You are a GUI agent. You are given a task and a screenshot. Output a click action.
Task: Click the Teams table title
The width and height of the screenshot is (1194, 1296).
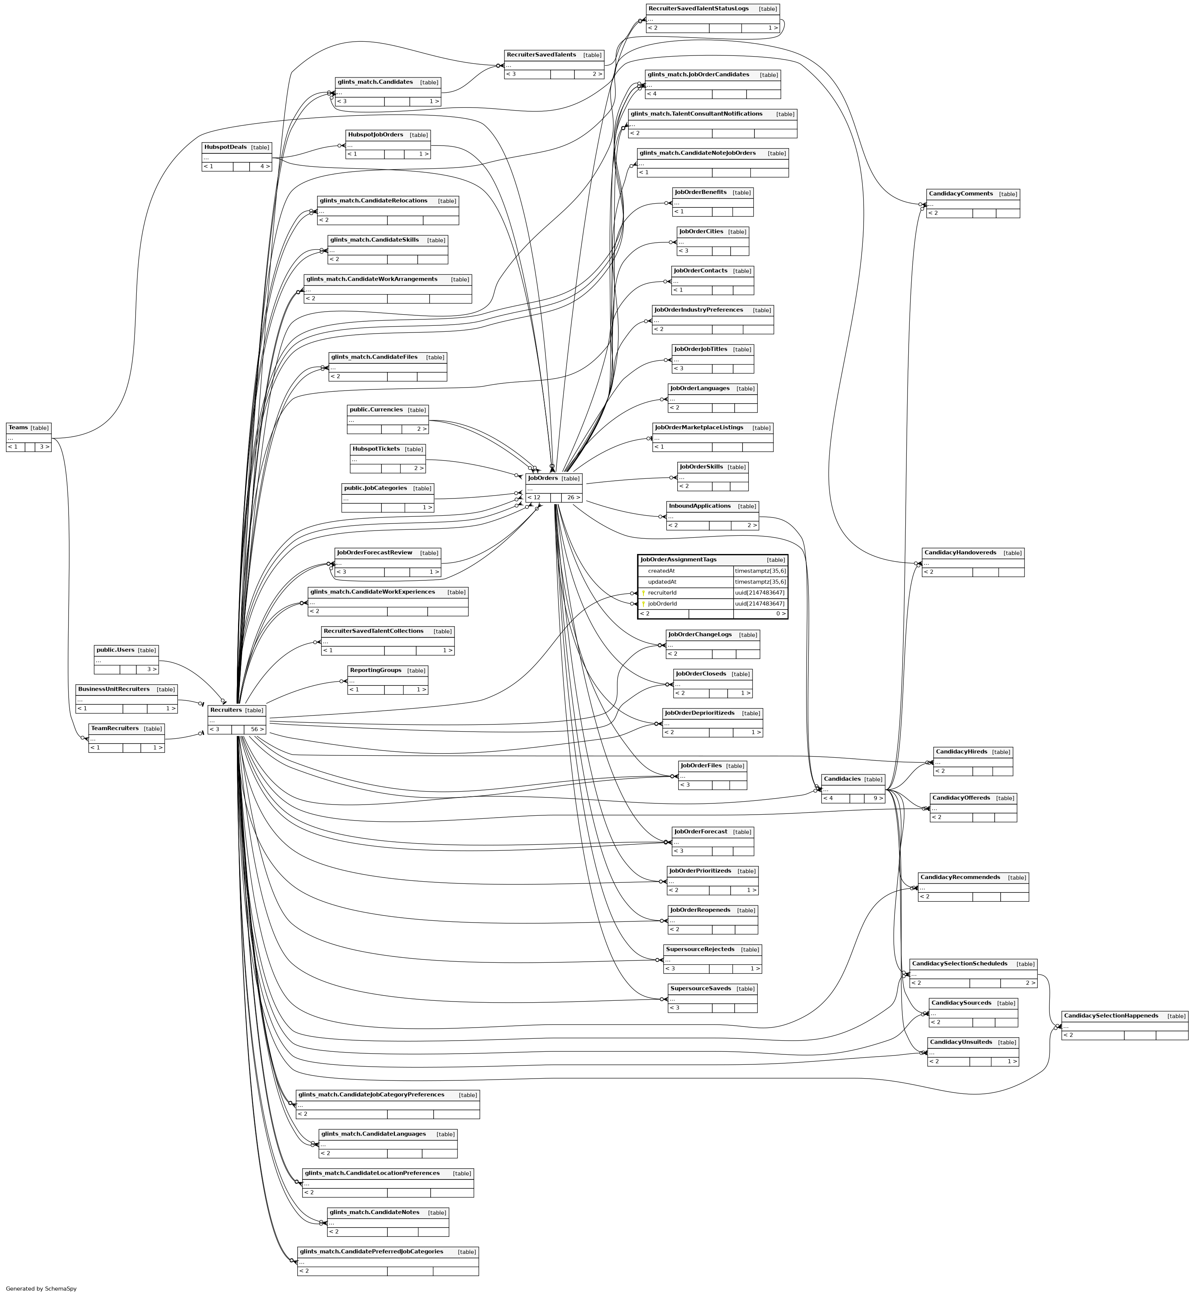pyautogui.click(x=18, y=427)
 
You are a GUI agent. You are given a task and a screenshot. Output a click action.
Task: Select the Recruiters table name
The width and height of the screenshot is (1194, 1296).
pyautogui.click(x=225, y=710)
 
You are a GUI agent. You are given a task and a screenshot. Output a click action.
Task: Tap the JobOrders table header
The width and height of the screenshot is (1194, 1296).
pyautogui.click(x=543, y=478)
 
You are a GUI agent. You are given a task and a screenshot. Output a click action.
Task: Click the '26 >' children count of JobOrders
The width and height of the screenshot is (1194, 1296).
pyautogui.click(x=573, y=497)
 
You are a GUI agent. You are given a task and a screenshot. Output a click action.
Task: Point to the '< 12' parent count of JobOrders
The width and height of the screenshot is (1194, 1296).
pyautogui.click(x=534, y=497)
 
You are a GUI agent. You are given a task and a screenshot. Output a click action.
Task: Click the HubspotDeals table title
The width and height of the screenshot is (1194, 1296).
pyautogui.click(x=225, y=147)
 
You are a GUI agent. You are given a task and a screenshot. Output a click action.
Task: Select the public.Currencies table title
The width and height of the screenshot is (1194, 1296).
pyautogui.click(x=376, y=410)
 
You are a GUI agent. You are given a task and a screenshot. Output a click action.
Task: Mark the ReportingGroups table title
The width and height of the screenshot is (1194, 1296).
pyautogui.click(x=376, y=670)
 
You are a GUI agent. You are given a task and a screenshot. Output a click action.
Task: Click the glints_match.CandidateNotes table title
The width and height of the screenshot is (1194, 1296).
pyautogui.click(x=374, y=1212)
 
